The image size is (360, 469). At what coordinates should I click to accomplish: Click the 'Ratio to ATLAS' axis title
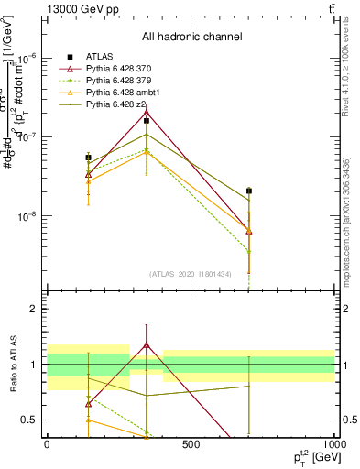11,365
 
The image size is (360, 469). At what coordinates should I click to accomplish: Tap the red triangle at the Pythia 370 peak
147,113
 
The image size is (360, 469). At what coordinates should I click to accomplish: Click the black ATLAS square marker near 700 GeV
249,191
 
